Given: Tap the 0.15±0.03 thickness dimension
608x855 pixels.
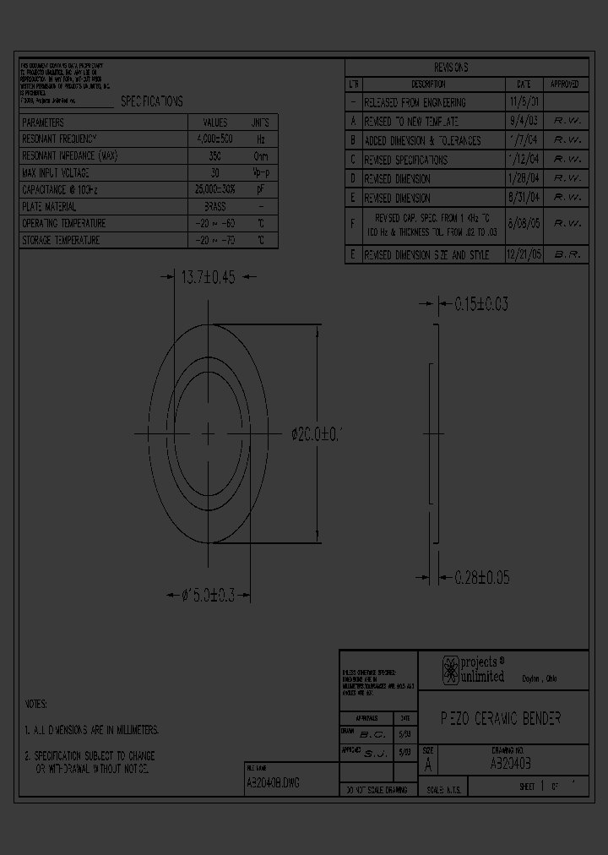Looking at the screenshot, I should click(x=481, y=304).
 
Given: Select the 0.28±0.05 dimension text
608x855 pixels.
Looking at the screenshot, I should click(x=481, y=578).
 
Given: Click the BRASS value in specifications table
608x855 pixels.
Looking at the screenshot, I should click(x=215, y=206).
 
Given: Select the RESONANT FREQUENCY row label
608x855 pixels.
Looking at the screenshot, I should click(x=60, y=138).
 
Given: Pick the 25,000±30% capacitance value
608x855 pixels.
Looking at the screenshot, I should click(x=214, y=190).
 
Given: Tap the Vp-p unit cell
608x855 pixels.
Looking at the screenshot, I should click(x=261, y=173).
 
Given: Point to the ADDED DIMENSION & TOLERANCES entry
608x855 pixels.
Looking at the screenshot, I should click(x=422, y=140).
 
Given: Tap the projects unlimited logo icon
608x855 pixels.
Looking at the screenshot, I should click(x=451, y=670).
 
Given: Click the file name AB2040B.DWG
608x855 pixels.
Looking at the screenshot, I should click(x=272, y=783).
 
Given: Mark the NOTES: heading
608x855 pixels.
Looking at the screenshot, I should click(x=36, y=704).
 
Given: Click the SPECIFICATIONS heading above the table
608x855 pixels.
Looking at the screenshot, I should click(x=151, y=101).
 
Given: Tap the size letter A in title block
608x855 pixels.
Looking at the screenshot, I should click(x=428, y=766).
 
